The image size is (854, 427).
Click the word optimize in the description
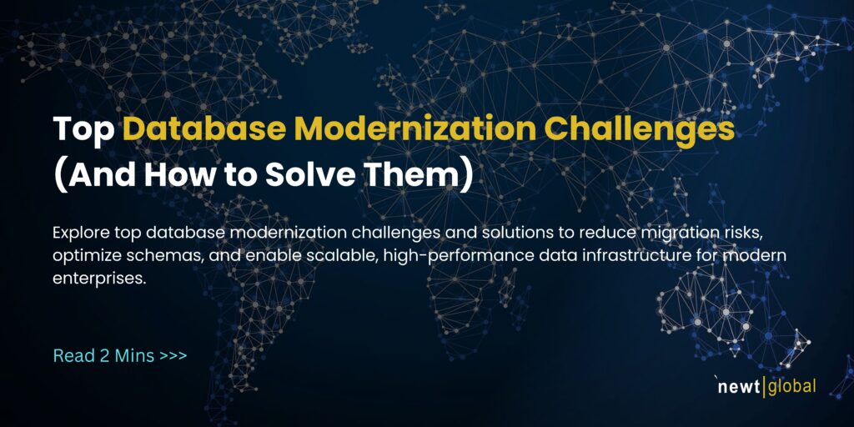coord(87,254)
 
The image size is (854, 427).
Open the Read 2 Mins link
coord(104,355)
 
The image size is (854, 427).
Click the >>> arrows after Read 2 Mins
coord(173,355)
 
